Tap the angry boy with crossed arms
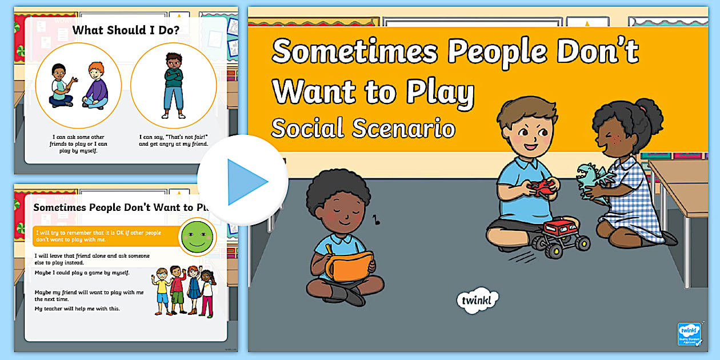point(173,85)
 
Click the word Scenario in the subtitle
point(401,129)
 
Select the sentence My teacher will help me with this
point(77,309)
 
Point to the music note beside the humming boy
point(375,218)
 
